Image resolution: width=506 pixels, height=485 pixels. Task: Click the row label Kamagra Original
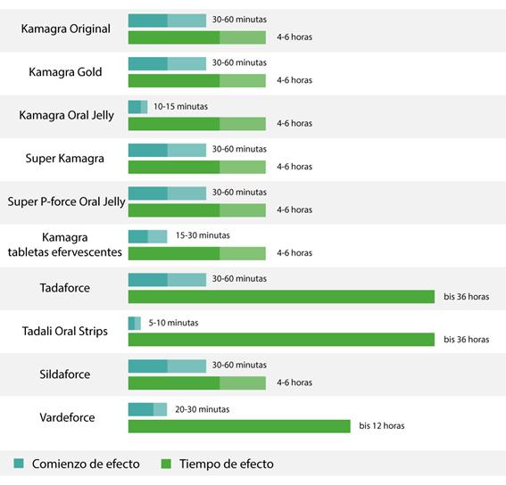click(x=66, y=29)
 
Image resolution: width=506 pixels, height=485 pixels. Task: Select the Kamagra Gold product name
click(x=65, y=71)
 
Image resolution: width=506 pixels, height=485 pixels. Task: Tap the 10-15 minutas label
click(x=182, y=106)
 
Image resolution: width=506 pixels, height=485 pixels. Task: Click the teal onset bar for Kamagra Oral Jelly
click(x=137, y=107)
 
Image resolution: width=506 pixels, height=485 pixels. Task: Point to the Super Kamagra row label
click(x=64, y=159)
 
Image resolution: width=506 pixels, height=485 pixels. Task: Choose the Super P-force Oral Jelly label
click(x=66, y=201)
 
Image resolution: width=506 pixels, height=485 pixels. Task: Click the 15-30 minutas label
click(x=203, y=235)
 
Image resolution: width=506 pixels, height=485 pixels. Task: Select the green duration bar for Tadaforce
click(x=281, y=297)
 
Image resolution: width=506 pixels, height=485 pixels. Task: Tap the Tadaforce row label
click(x=65, y=288)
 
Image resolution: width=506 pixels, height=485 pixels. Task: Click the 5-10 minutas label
click(x=173, y=322)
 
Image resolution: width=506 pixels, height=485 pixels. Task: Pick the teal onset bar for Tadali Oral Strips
click(x=135, y=323)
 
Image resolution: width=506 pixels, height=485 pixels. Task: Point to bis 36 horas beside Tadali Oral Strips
click(x=466, y=340)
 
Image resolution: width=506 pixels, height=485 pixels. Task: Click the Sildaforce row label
click(x=65, y=374)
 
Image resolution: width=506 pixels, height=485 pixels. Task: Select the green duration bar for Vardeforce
click(x=239, y=426)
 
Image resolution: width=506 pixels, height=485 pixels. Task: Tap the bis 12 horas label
click(x=381, y=426)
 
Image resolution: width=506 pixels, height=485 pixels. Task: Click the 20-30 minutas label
click(x=203, y=408)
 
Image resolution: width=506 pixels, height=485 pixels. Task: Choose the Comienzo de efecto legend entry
click(x=85, y=464)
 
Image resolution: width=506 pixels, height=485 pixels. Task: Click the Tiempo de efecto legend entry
click(x=226, y=464)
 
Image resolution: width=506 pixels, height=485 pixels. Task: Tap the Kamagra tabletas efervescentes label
click(x=65, y=245)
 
